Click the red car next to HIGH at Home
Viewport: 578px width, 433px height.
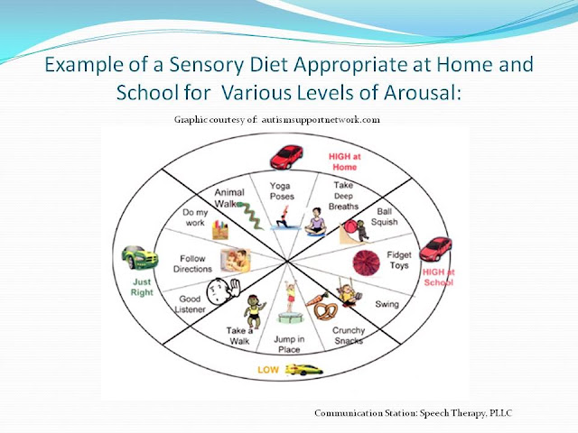286,157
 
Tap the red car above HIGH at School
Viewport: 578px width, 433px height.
435,249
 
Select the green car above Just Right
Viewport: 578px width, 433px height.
140,257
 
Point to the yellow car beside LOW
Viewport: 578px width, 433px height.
304,370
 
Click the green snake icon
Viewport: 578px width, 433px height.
250,216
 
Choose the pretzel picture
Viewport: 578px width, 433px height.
325,311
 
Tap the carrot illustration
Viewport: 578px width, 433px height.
317,299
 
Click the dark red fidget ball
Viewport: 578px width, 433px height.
366,263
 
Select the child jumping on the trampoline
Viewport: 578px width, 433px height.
291,301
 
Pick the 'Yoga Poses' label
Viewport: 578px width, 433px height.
282,191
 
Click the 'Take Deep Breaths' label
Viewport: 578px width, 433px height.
343,196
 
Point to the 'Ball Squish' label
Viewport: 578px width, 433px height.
384,216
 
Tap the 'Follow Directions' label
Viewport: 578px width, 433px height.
192,263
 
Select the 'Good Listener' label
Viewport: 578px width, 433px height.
190,304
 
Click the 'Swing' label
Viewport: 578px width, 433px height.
387,304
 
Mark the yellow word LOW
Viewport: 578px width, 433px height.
268,370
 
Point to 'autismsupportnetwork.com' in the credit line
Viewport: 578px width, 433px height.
321,120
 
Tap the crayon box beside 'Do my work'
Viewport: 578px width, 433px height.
220,230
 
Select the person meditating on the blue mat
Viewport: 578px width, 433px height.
315,222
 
